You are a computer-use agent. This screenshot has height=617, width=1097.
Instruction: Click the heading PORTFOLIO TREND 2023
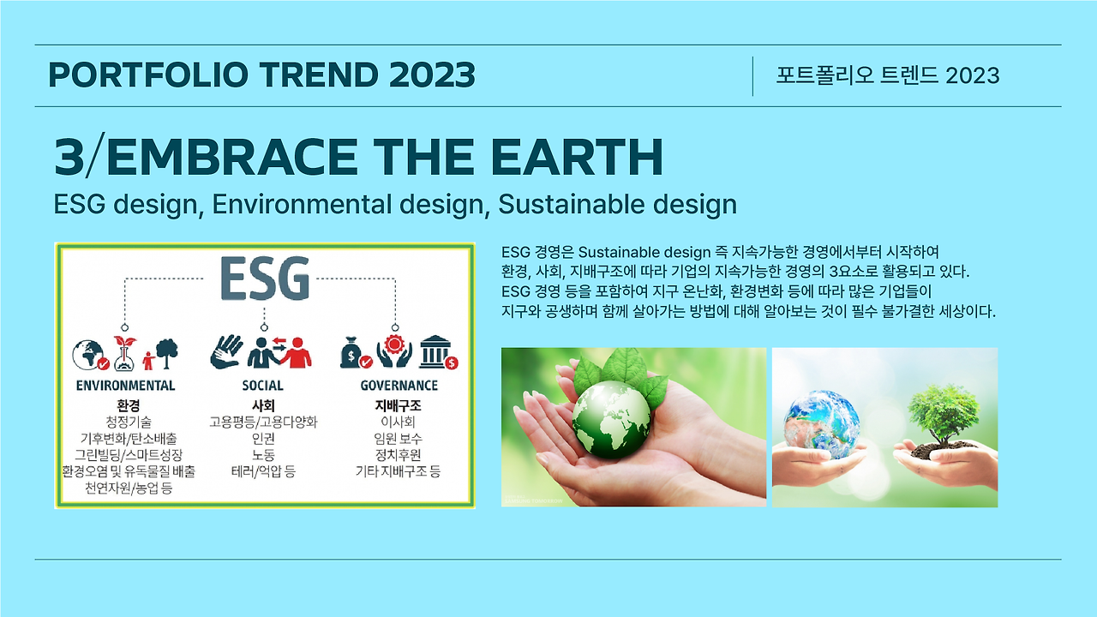coord(261,75)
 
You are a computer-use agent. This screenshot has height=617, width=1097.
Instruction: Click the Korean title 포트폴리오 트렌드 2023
coord(887,75)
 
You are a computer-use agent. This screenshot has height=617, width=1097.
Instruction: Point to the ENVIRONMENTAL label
coord(125,386)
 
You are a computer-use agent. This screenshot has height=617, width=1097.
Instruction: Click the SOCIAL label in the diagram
coord(262,386)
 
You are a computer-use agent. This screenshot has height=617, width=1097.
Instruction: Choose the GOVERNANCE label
coord(399,386)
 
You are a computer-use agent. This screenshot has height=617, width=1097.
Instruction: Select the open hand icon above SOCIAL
coord(226,351)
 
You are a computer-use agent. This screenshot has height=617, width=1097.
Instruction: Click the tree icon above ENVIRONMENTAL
coord(166,352)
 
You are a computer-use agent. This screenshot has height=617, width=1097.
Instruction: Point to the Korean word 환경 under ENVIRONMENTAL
coord(128,404)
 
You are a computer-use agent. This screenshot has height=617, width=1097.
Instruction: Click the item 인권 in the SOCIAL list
coord(262,439)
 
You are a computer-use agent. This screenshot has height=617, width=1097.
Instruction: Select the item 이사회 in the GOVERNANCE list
coord(398,422)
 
